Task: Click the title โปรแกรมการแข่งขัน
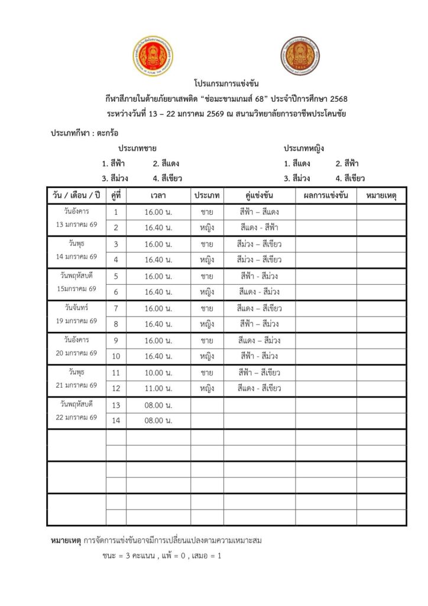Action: point(226,83)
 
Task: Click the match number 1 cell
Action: point(116,212)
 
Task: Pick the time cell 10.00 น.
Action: point(158,373)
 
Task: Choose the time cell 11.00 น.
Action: point(158,389)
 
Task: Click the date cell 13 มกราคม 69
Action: point(76,225)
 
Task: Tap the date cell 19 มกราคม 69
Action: point(76,321)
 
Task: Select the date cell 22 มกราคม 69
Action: point(76,417)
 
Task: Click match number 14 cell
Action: point(116,421)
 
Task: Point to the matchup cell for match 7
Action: point(260,308)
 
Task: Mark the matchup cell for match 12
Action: point(260,389)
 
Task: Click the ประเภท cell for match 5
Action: point(207,276)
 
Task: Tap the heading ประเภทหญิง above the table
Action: point(304,147)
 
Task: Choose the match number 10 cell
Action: point(116,356)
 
